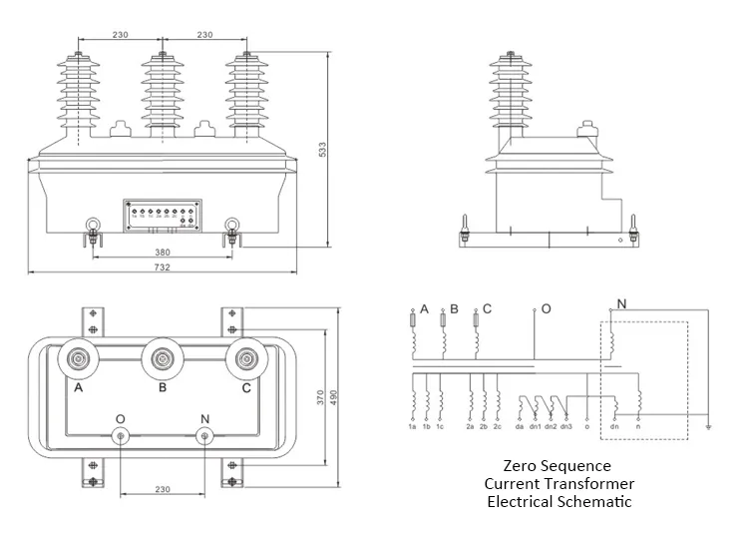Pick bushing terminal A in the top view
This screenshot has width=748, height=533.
(x=78, y=359)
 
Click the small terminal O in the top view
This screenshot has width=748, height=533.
(x=121, y=435)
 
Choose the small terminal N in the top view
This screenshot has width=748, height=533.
(x=205, y=435)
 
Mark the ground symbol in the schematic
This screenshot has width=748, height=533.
(x=707, y=427)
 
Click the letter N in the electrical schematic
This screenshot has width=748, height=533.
(x=622, y=303)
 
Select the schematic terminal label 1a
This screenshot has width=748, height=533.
(x=411, y=427)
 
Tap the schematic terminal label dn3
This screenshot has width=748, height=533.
(x=565, y=427)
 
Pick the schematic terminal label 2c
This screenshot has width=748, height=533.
(x=498, y=427)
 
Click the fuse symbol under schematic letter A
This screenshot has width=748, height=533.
(x=413, y=319)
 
